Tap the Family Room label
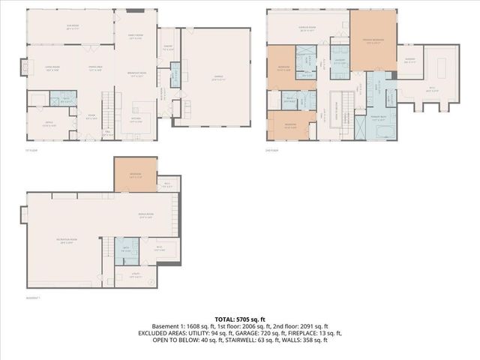pos(135,36)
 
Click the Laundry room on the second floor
pos(339,61)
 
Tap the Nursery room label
pos(410,61)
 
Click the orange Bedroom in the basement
pos(135,177)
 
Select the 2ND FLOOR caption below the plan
pos(273,149)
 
